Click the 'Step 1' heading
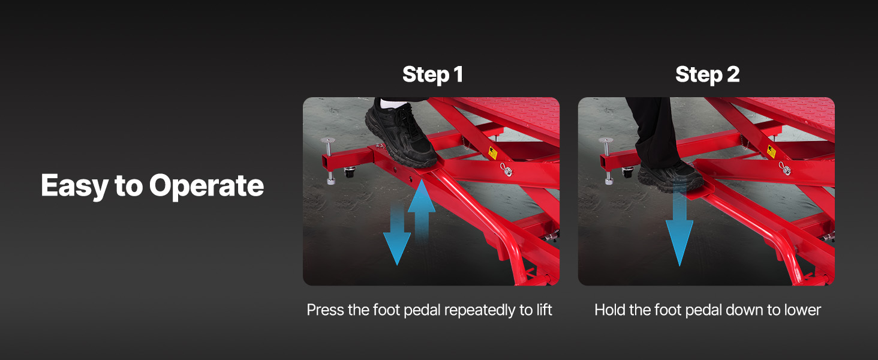[432, 74]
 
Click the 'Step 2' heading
[707, 74]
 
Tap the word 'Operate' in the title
[206, 186]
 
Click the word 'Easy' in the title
[74, 186]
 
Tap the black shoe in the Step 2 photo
[670, 176]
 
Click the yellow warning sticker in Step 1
[493, 152]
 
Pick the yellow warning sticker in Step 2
[771, 151]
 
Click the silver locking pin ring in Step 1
[506, 170]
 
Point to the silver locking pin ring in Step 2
[784, 169]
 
